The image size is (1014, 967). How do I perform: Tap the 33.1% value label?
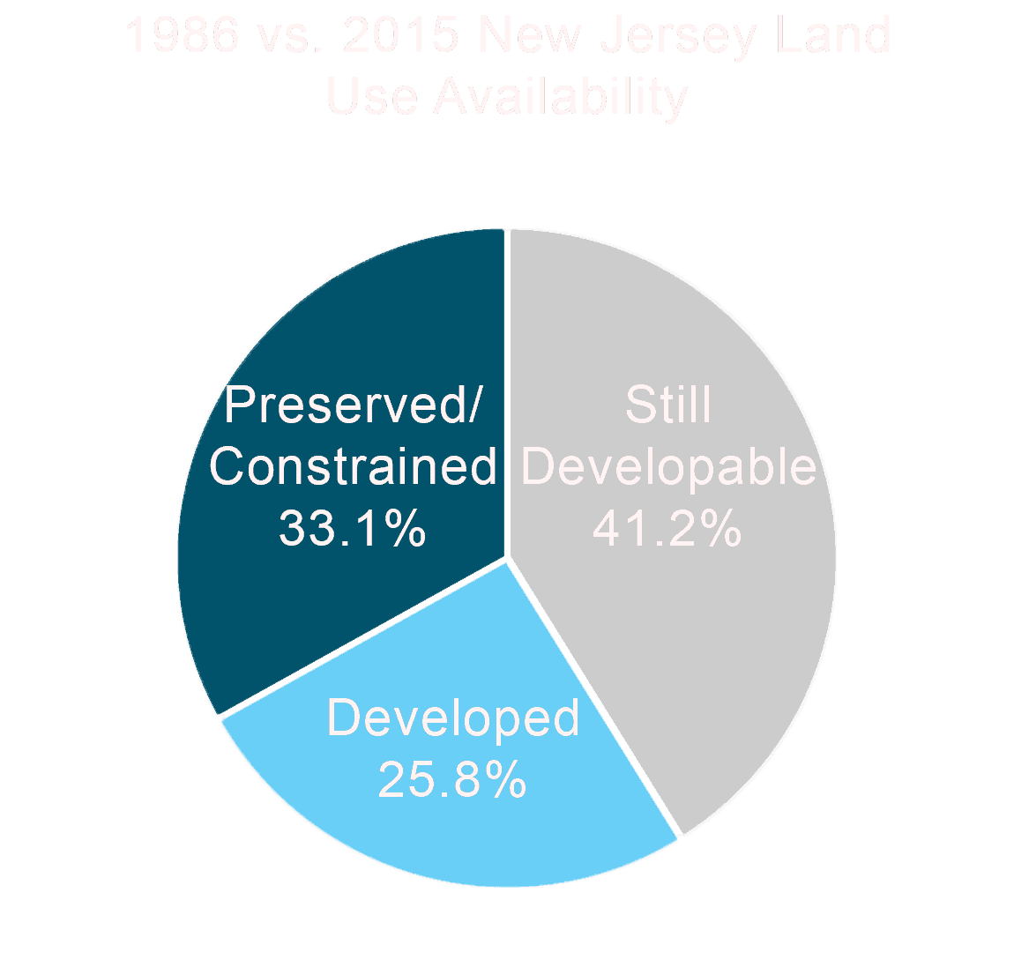tap(353, 529)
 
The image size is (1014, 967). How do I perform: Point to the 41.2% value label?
tap(667, 529)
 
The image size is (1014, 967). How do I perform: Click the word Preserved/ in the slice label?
tap(354, 405)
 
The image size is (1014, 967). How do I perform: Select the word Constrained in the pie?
tap(353, 466)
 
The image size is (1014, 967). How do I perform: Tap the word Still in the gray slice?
tap(668, 405)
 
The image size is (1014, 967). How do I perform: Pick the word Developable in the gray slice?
tap(675, 466)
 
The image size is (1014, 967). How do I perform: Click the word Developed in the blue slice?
tap(453, 718)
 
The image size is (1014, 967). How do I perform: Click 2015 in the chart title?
tap(401, 36)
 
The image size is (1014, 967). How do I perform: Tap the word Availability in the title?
tap(560, 96)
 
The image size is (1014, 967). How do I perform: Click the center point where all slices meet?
tap(507, 558)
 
